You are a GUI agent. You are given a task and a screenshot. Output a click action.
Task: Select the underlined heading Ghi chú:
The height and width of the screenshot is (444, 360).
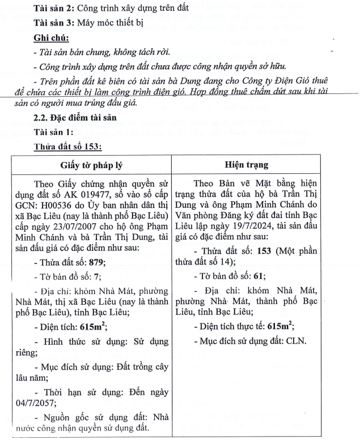click(51, 38)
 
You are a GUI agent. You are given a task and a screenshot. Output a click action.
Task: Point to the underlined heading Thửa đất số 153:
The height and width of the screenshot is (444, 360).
click(67, 147)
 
